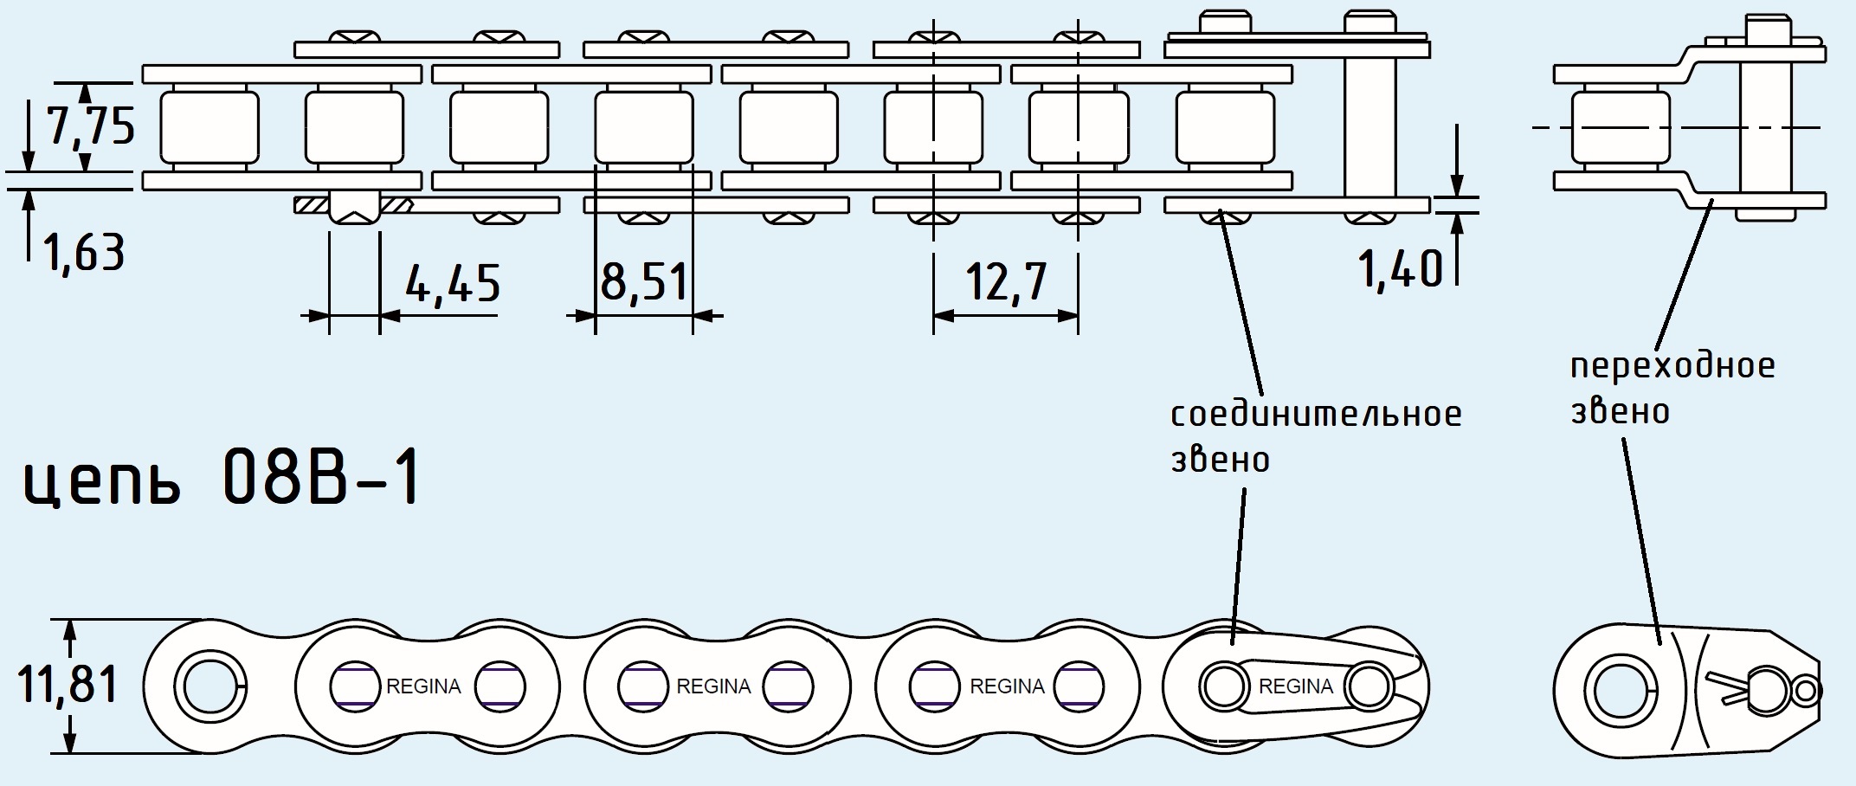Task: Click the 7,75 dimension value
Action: [x=90, y=127]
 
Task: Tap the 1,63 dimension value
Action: [x=85, y=252]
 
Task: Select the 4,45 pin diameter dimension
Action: [x=452, y=283]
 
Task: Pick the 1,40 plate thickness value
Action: [x=1400, y=268]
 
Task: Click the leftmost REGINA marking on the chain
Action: [x=423, y=686]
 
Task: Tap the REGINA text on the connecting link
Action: [x=1295, y=686]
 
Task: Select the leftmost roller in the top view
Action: [x=209, y=127]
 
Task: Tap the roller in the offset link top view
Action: [x=1619, y=127]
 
